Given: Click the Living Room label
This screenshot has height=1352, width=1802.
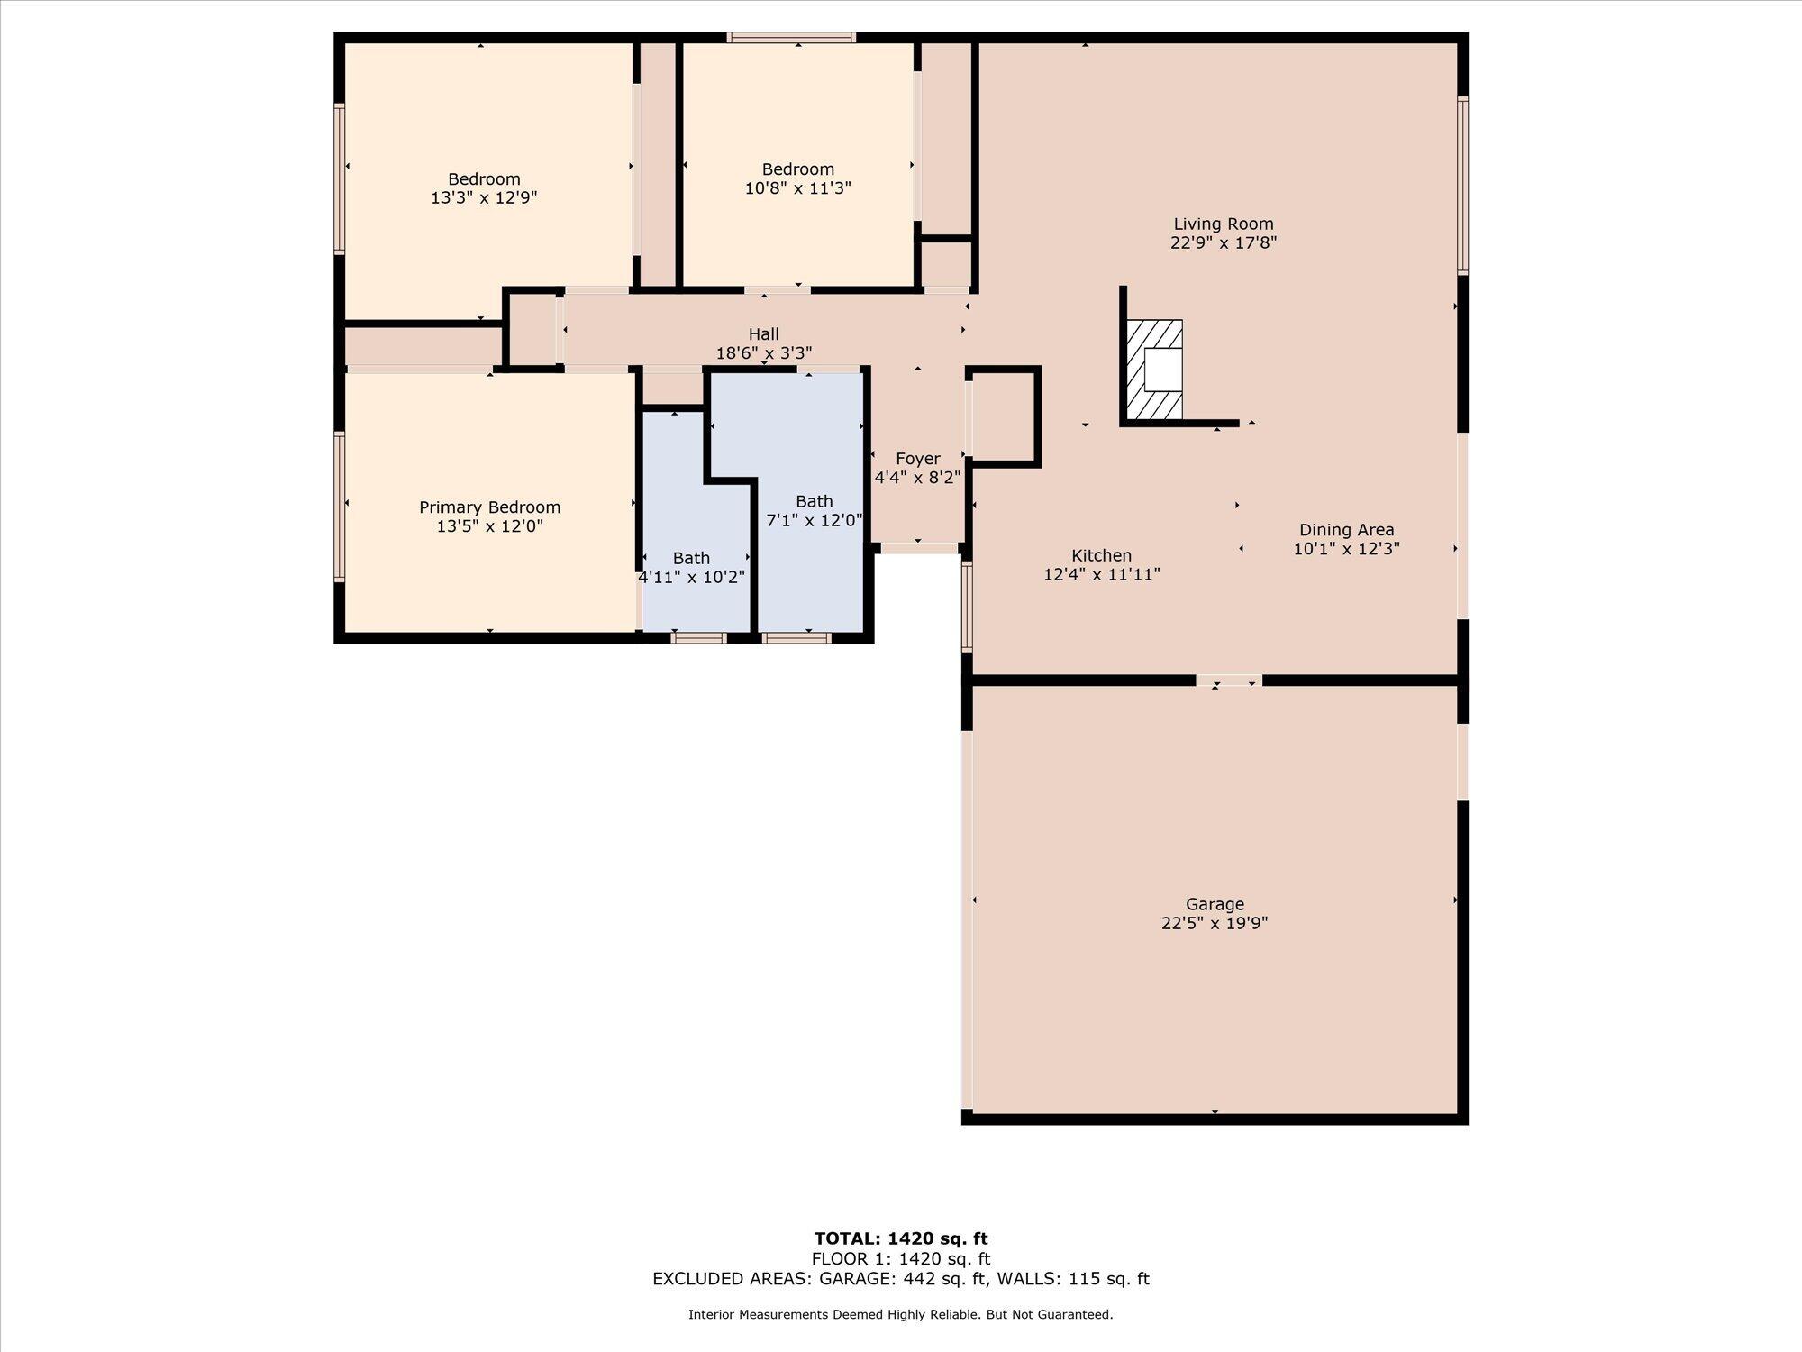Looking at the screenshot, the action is [1223, 224].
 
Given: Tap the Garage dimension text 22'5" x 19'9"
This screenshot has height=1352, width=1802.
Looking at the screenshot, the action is [1215, 923].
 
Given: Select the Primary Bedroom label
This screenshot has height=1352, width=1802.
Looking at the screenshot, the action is [489, 508].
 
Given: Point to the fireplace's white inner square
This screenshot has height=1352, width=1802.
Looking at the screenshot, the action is [1162, 369].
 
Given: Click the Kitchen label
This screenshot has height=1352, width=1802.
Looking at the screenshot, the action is [1101, 556].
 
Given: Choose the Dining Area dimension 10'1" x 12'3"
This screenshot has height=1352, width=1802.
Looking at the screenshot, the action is [1346, 549].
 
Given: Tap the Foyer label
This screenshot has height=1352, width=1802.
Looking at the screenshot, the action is [917, 460].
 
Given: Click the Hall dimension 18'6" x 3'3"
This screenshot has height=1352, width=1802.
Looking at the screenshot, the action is [764, 353].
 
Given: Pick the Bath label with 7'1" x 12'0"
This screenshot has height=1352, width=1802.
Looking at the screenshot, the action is [814, 502].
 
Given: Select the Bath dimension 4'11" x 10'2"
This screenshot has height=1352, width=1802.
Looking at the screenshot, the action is [691, 577].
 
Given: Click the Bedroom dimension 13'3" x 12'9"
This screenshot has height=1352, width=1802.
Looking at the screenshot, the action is [484, 197].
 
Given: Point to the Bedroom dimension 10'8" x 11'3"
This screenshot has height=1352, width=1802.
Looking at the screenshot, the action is [797, 188].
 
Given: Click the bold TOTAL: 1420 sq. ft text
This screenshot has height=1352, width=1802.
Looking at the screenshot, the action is [901, 1238].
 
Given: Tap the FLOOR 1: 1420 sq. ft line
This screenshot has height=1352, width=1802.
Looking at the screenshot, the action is [901, 1259].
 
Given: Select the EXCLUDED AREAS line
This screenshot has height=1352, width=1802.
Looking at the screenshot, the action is [901, 1279].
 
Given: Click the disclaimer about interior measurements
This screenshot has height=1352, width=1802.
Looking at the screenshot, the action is [901, 1315].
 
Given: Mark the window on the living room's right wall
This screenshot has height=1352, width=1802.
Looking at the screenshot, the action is [1463, 186].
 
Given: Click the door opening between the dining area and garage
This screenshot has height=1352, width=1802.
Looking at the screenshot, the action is [1229, 681].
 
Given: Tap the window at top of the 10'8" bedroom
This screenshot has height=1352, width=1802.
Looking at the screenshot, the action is [791, 38].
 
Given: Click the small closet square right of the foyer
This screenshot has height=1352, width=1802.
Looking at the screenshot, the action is [1003, 416].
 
